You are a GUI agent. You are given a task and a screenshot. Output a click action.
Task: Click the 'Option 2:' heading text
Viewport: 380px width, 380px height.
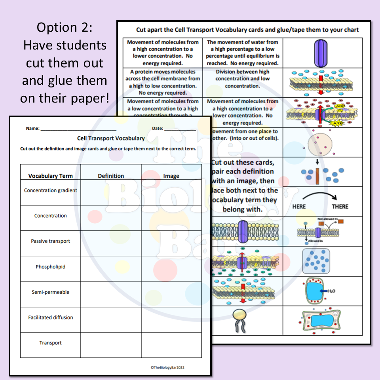(65, 27)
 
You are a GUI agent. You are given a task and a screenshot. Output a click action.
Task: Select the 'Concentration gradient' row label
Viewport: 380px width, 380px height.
(51, 190)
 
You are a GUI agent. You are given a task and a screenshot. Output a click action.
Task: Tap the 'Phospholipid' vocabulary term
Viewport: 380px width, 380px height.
(51, 267)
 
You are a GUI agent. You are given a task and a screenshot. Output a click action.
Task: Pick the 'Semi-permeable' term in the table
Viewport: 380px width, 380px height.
(51, 292)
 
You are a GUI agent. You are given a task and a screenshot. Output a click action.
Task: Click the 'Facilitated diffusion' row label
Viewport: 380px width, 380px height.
(51, 317)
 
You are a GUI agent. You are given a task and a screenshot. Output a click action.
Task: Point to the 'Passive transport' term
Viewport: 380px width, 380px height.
(51, 241)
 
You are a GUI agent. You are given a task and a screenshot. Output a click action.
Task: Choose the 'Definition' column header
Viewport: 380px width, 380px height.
(111, 176)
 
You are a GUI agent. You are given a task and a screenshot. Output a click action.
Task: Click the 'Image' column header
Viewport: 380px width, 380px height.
(171, 176)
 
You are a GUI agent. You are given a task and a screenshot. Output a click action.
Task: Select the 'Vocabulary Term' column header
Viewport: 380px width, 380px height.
(51, 176)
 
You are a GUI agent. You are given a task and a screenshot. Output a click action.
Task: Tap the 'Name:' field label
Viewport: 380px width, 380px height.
(33, 128)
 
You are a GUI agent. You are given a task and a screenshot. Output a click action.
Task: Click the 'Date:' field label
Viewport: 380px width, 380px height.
(158, 128)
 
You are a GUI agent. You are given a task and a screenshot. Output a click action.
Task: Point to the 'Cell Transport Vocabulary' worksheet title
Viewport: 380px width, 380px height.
(111, 138)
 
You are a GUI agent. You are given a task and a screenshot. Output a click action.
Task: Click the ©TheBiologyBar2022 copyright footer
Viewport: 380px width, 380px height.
(167, 367)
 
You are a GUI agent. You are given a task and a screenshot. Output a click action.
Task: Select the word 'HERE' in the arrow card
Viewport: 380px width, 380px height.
(299, 207)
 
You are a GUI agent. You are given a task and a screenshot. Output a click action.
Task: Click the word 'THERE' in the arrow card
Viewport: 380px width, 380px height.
(340, 207)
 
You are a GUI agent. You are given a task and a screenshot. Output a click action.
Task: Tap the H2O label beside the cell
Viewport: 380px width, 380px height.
(331, 291)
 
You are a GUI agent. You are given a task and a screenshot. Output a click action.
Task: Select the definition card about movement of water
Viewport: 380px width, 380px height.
(243, 53)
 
